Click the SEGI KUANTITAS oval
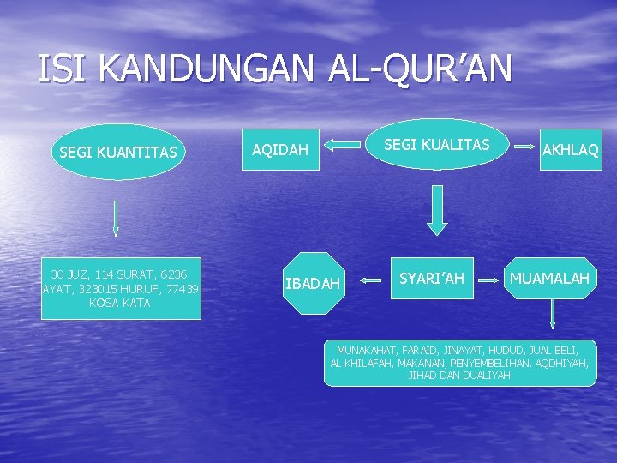pos(118,153)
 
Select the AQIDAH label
pos(280,150)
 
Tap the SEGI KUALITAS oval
pos(436,145)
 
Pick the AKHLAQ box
pos(570,150)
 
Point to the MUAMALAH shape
pos(549,279)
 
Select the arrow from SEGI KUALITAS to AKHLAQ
pos(522,147)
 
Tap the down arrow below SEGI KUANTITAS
pos(116,219)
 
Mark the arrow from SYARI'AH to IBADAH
pos(370,279)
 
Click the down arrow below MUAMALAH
pos(553,314)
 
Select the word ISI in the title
pos(63,69)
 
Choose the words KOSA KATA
pos(120,303)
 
